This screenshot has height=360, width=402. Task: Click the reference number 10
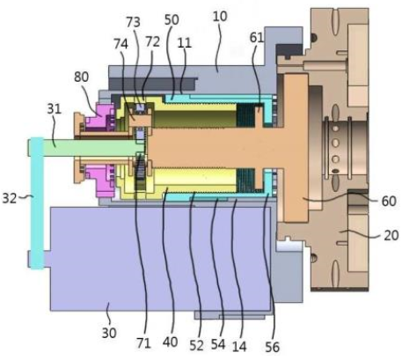point(220,17)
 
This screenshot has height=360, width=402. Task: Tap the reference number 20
point(391,235)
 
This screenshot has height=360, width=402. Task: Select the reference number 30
point(109,333)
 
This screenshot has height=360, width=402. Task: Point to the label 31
point(54,109)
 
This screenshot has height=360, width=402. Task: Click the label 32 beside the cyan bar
point(10,198)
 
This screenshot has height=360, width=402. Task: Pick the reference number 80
point(81,77)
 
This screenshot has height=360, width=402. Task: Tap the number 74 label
point(121,44)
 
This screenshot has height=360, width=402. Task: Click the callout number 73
point(133,22)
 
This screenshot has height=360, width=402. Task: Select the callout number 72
point(152,42)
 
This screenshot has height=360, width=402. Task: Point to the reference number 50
point(172,20)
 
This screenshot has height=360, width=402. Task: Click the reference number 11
point(185,43)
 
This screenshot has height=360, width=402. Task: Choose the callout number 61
point(257,38)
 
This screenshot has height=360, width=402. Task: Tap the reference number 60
point(389,201)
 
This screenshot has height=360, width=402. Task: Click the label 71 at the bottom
point(143,342)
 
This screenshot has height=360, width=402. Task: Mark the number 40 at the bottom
point(170,342)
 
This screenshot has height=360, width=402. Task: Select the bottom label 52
point(196,346)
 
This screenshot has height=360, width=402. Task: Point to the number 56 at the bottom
point(272,347)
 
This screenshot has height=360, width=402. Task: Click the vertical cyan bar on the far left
point(37,203)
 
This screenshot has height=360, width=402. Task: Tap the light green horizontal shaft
point(88,148)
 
